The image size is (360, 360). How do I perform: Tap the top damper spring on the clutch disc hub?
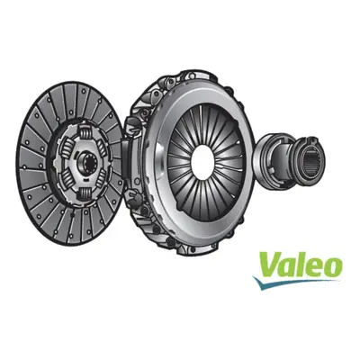pos(85,132)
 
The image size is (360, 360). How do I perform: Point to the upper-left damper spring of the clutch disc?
pos(67,148)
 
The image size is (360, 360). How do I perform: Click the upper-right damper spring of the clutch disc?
pos(102,147)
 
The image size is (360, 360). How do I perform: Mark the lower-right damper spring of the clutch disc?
pos(101,179)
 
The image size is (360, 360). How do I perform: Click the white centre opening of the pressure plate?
pos(202,163)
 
